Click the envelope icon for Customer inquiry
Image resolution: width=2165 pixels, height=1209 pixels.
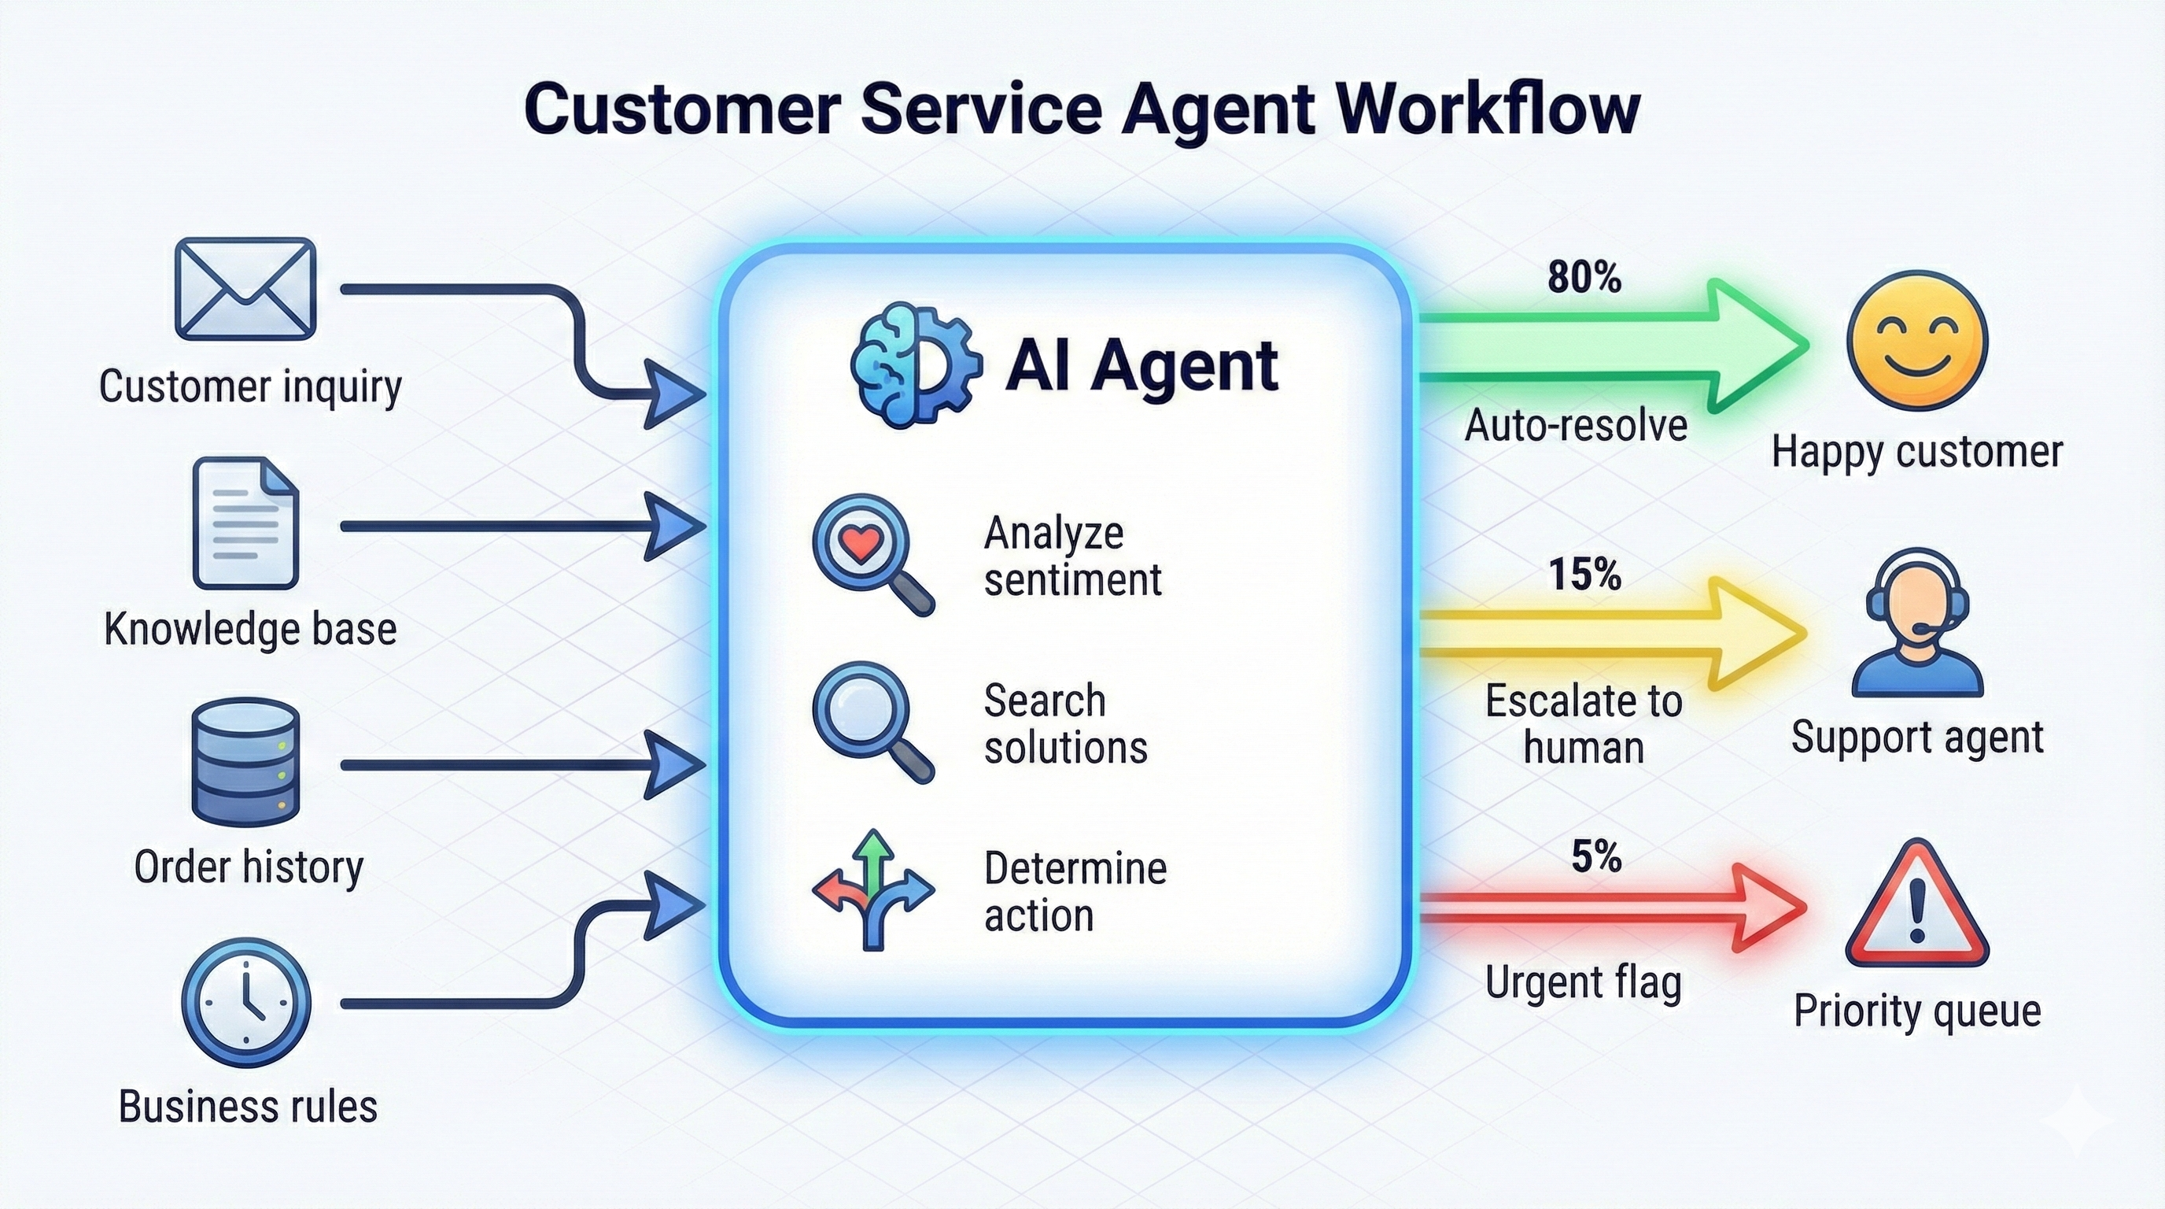[245, 288]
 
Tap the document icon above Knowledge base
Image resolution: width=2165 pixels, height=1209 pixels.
[245, 523]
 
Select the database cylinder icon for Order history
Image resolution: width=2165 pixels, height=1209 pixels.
[245, 762]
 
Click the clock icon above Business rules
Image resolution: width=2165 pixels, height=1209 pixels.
[246, 1003]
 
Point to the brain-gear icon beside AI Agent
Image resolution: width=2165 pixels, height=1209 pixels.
[914, 365]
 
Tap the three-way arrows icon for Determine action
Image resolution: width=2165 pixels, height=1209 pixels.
[873, 889]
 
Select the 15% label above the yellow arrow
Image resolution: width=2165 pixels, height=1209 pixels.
[1584, 575]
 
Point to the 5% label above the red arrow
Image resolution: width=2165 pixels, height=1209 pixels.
[1595, 856]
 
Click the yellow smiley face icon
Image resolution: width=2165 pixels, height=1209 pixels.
[1917, 340]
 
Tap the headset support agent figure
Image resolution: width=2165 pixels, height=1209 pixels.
[1917, 622]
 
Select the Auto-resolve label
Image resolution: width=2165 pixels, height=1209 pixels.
[1576, 425]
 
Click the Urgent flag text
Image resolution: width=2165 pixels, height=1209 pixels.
[1583, 982]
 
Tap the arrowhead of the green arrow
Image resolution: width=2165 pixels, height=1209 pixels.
[1757, 346]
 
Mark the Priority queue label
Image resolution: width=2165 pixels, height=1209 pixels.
[1917, 1011]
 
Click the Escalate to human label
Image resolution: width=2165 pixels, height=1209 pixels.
[1584, 723]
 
